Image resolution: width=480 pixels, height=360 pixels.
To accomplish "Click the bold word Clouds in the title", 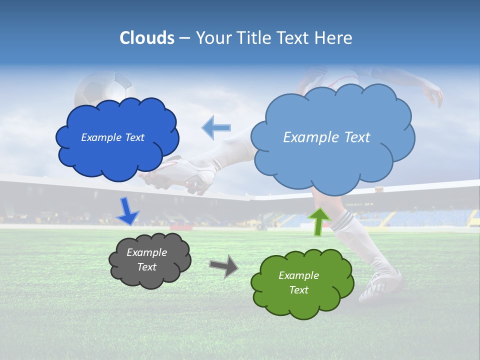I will click(147, 38).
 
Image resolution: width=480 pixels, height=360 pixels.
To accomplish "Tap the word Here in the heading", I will click(333, 38).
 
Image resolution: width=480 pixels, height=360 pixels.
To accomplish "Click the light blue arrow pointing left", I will click(217, 127).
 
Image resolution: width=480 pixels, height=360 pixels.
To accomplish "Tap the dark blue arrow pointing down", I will click(127, 211).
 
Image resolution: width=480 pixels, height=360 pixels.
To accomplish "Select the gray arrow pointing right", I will click(224, 265).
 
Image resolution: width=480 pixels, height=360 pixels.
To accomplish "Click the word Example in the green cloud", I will click(298, 275).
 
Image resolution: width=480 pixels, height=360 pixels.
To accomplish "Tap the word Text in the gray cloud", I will click(146, 267).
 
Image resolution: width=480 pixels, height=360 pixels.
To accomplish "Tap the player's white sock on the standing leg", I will click(350, 235).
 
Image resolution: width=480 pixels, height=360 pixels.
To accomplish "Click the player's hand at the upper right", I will click(434, 94).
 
